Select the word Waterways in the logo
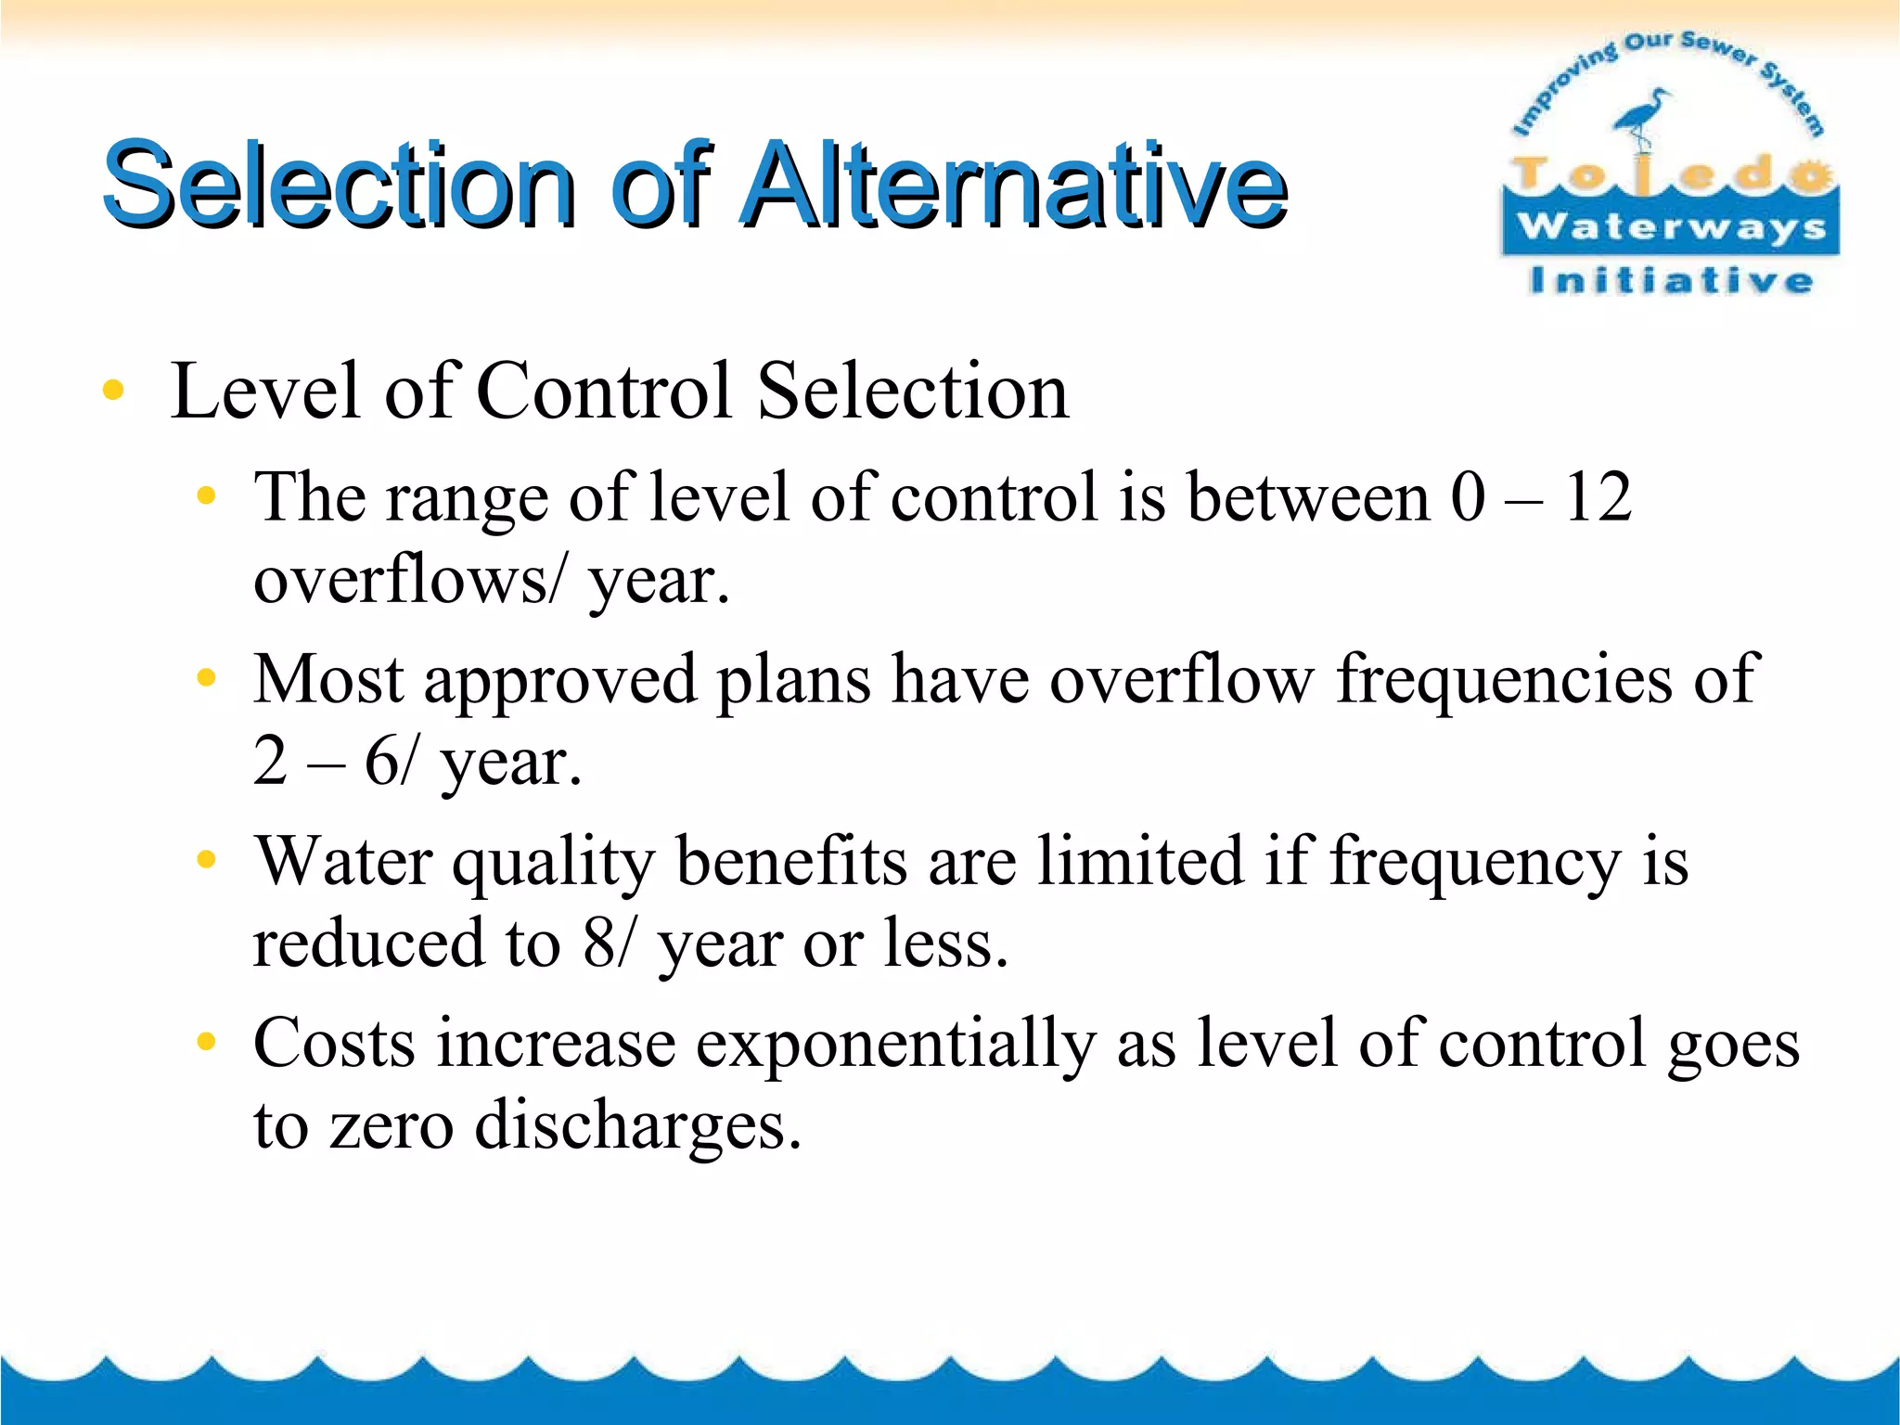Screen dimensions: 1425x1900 click(x=1671, y=226)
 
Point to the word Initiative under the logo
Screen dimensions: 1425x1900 click(x=1671, y=280)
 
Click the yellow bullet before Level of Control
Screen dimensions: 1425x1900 click(x=113, y=391)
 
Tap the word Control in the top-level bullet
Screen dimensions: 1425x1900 click(x=604, y=391)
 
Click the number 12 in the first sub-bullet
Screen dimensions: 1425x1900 click(x=1597, y=497)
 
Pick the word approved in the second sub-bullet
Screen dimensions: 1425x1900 click(x=560, y=680)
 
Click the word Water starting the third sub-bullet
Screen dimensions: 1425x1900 click(x=343, y=861)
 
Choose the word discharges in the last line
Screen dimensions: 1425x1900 click(x=637, y=1125)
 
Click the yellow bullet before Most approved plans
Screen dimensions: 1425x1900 click(x=206, y=679)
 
